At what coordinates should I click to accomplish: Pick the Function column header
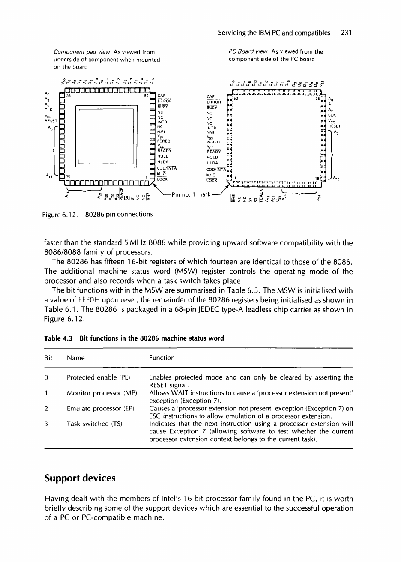[x=162, y=358]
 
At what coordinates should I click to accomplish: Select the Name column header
[x=76, y=358]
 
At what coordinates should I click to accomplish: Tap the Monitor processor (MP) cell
[x=102, y=392]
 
